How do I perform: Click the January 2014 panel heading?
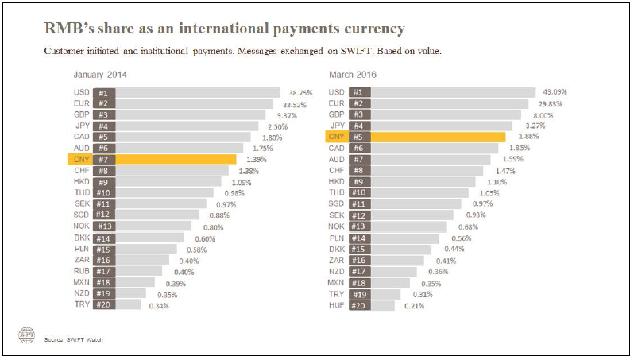point(100,75)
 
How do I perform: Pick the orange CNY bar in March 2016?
point(438,137)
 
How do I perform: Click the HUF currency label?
point(336,304)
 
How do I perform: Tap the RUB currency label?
point(81,271)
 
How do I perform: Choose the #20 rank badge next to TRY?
point(103,304)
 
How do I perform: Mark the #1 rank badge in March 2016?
point(357,92)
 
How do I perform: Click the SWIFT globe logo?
point(28,335)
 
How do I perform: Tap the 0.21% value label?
point(415,304)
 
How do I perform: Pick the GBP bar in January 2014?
point(191,114)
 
